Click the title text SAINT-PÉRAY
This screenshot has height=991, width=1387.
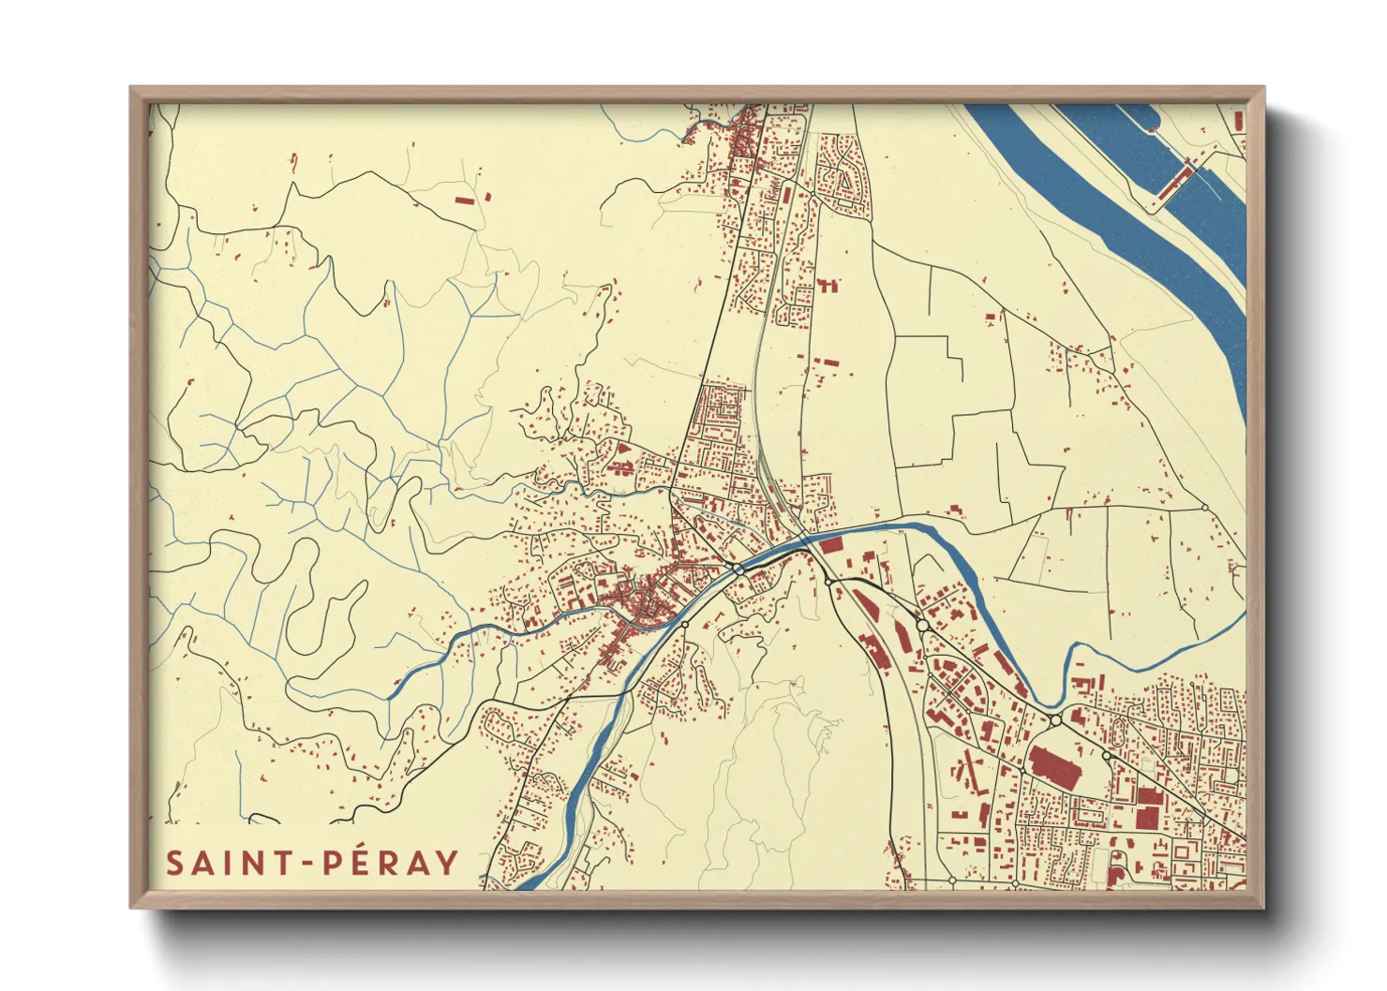tap(312, 863)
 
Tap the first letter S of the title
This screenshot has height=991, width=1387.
tap(174, 863)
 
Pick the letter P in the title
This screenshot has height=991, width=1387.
tap(333, 863)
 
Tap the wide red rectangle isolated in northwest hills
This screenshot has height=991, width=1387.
tap(464, 200)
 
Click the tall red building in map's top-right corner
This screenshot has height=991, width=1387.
tap(1239, 121)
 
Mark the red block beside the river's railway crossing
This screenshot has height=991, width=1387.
tap(831, 545)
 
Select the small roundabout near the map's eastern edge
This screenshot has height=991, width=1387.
tap(1205, 508)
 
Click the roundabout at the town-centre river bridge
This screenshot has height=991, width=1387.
tap(738, 569)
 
